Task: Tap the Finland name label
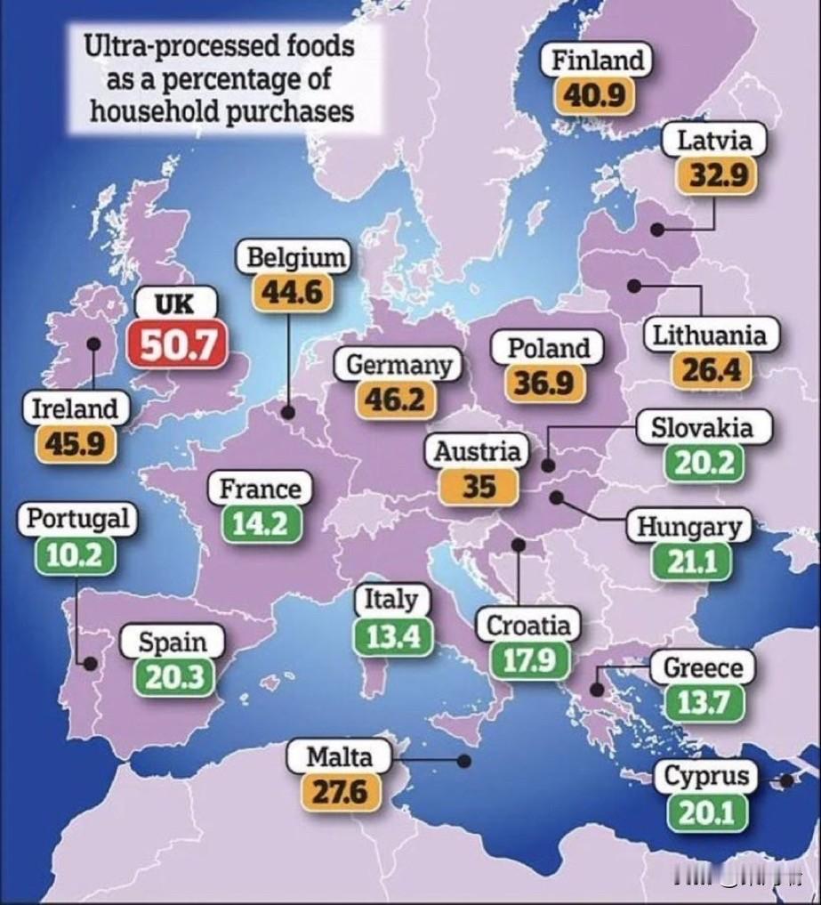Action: [597, 61]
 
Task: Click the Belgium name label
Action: [294, 258]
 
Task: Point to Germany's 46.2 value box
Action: [396, 400]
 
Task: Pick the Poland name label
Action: [548, 347]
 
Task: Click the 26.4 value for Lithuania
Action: [711, 368]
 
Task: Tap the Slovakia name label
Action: [702, 427]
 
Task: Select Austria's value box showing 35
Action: [478, 486]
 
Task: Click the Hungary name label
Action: [688, 527]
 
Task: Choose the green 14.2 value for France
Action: [261, 523]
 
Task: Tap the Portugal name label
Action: [77, 518]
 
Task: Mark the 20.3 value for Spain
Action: [174, 677]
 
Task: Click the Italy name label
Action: [390, 600]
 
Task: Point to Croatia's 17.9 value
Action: [527, 660]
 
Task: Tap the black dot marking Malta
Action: [463, 761]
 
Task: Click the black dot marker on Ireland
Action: [93, 343]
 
